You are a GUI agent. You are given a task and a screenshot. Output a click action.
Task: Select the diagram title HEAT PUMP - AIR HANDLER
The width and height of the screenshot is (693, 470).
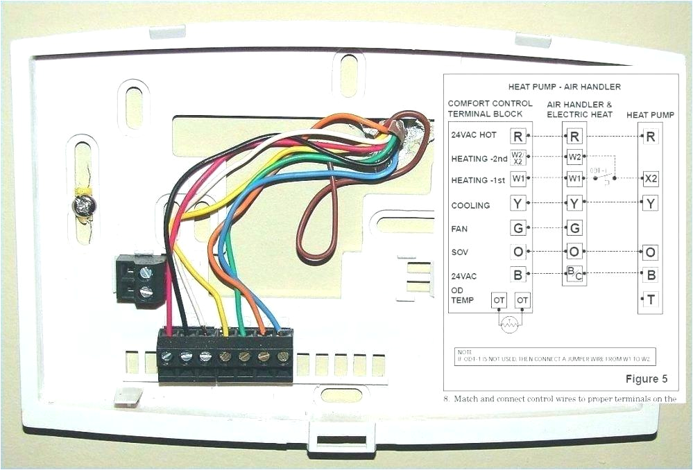click(x=564, y=87)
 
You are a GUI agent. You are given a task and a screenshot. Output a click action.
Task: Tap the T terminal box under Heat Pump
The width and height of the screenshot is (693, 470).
click(x=650, y=299)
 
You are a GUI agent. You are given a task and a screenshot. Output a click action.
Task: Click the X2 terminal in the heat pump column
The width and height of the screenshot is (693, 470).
click(x=650, y=179)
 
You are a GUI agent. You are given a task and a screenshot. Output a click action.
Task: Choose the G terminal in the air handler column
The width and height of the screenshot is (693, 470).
click(x=574, y=227)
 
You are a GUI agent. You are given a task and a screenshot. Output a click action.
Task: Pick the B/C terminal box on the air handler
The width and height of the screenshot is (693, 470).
click(x=574, y=274)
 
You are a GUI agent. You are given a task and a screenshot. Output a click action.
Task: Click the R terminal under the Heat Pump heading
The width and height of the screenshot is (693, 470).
click(x=650, y=136)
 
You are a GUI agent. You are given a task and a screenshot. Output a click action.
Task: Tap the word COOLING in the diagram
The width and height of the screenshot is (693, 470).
click(x=470, y=205)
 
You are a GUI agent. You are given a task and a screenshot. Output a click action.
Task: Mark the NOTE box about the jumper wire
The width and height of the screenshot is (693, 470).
click(x=555, y=356)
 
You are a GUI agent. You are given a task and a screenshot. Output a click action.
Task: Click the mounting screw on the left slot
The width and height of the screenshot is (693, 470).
click(x=84, y=205)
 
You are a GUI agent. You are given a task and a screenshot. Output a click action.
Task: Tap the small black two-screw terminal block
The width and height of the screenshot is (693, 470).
click(x=141, y=279)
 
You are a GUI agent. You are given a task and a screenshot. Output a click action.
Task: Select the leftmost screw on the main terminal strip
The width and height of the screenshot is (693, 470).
click(x=167, y=356)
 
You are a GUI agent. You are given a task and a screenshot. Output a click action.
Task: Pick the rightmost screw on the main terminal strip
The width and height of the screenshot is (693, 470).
click(x=283, y=356)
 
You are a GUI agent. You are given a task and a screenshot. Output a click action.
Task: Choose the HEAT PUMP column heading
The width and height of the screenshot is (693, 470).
click(x=649, y=114)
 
